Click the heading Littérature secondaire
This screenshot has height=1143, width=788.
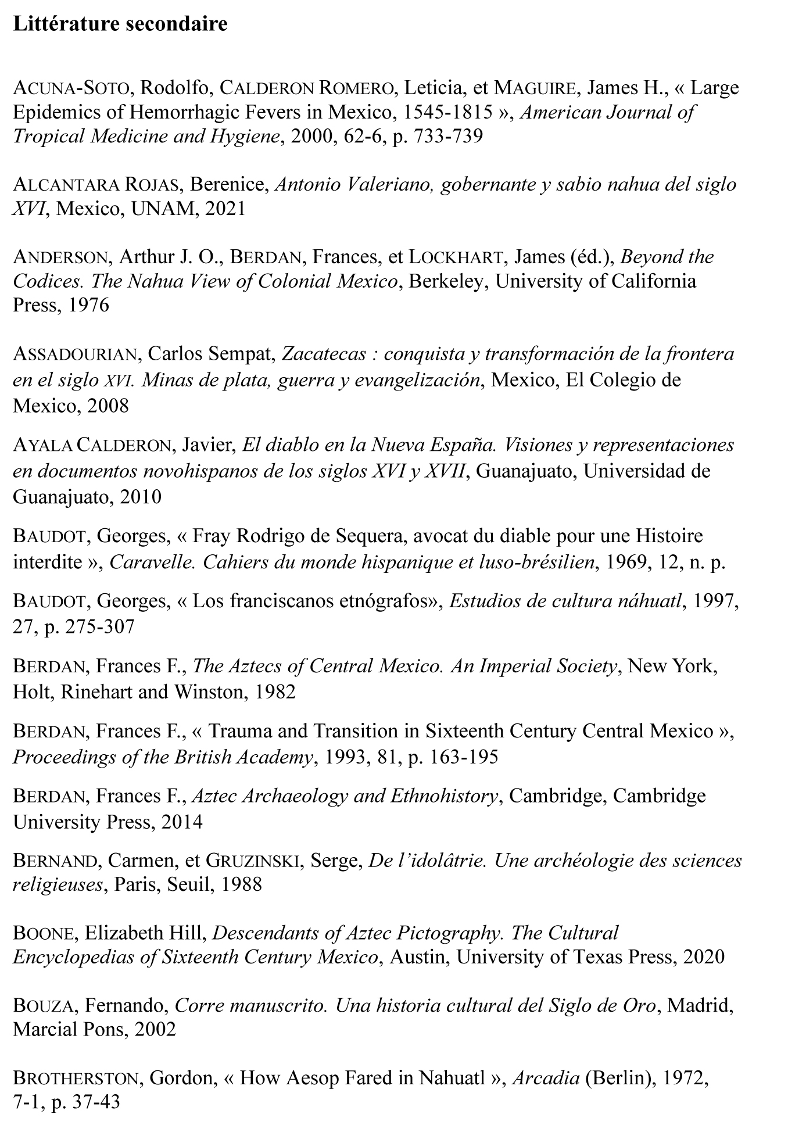[120, 25]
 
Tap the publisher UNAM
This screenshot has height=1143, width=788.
[165, 209]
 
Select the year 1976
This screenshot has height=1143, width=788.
[88, 305]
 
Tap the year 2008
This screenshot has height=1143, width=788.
[108, 405]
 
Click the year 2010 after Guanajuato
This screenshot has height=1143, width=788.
[141, 497]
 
